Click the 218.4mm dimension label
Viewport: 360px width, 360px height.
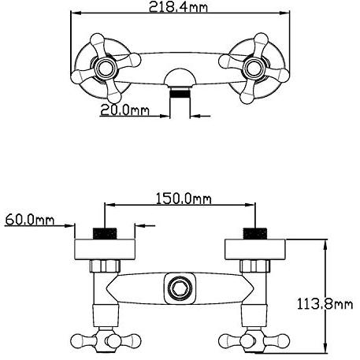[178, 6]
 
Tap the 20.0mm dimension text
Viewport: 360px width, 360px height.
[124, 110]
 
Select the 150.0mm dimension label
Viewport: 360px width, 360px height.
[184, 199]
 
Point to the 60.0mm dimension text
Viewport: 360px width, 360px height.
[30, 220]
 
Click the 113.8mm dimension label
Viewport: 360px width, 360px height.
[325, 304]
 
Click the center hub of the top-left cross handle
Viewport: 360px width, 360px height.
[106, 68]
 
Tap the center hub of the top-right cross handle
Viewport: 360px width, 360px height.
[254, 68]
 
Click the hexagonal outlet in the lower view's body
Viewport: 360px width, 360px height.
[180, 288]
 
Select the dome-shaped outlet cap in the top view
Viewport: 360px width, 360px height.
[180, 78]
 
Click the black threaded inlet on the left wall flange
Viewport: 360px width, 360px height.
[105, 233]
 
